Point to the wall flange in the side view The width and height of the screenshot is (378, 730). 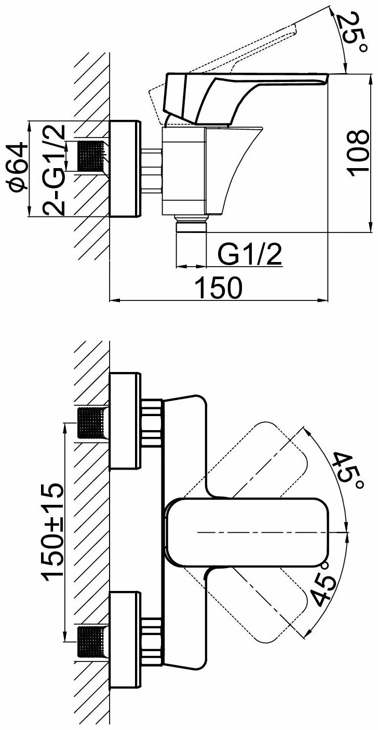point(125,169)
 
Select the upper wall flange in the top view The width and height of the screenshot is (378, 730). point(125,420)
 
